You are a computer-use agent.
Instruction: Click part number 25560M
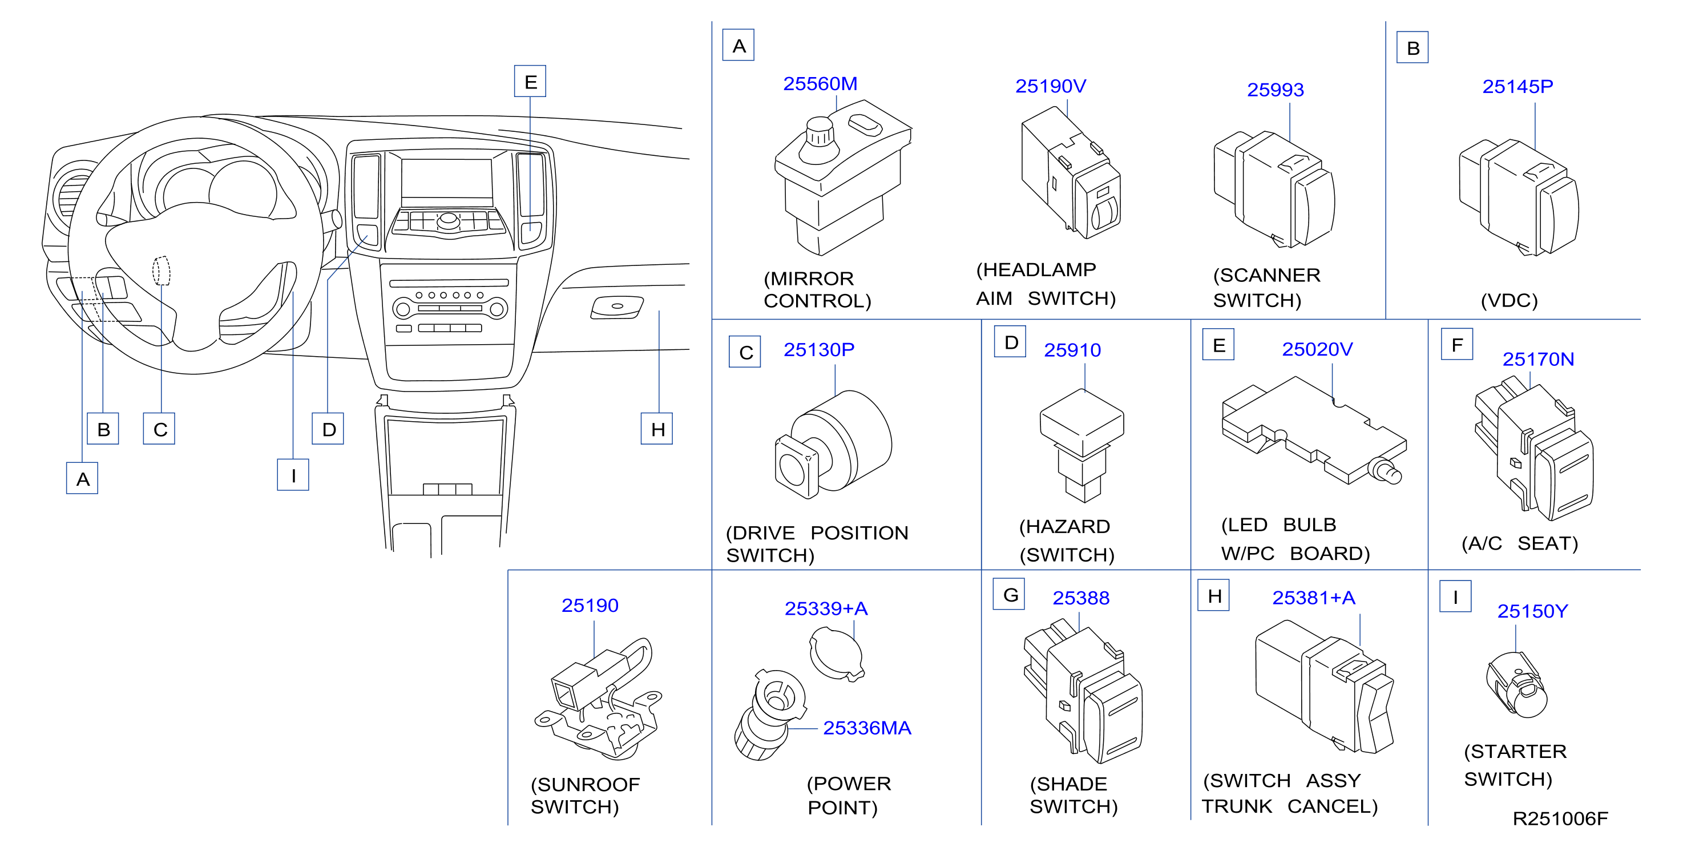click(820, 84)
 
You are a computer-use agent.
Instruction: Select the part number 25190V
click(1051, 86)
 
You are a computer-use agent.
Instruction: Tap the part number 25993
click(1276, 90)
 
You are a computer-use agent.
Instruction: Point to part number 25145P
click(1517, 86)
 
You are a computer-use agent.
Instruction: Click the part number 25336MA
click(867, 728)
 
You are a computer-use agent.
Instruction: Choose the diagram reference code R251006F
click(1560, 818)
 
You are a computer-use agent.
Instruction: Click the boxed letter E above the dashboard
click(530, 82)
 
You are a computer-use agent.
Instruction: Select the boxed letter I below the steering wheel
click(293, 475)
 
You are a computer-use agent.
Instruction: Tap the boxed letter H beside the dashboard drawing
click(657, 429)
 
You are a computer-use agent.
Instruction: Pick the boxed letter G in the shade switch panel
click(1010, 595)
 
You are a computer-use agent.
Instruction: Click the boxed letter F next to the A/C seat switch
click(1457, 344)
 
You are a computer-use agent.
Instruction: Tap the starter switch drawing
click(1516, 684)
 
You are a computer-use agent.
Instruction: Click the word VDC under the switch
click(1509, 301)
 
